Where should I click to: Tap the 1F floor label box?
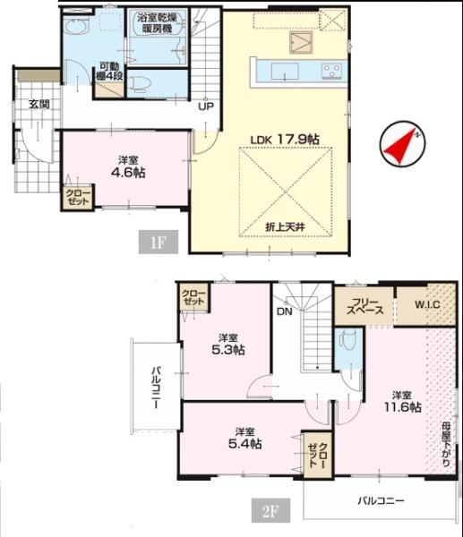[159, 243]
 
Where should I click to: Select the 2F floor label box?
[270, 510]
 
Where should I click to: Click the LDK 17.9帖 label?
[285, 140]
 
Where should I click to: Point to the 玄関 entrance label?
[39, 105]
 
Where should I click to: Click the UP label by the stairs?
[206, 107]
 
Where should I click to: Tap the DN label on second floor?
[285, 311]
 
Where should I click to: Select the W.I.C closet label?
[427, 304]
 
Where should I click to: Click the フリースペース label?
[364, 306]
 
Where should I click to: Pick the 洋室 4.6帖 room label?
[128, 167]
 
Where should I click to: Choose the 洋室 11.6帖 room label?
[402, 402]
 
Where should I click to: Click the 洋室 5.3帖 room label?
[227, 345]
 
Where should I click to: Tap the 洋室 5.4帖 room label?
[245, 438]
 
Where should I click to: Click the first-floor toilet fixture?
[141, 84]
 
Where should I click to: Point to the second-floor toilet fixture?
[347, 340]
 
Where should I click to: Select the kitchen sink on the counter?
[285, 72]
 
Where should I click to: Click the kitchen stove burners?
[331, 71]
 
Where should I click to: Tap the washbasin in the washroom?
[76, 25]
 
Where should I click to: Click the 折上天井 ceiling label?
[286, 226]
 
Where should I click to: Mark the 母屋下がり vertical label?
[445, 444]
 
